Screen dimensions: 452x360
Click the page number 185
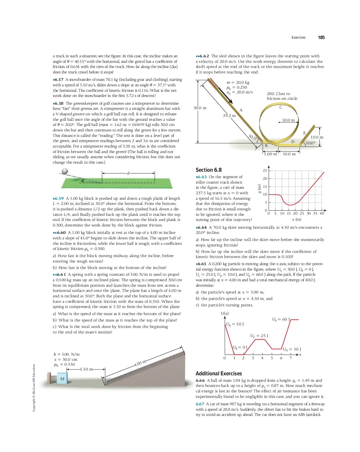321,37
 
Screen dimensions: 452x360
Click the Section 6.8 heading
209,170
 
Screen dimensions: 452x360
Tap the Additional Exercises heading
219,373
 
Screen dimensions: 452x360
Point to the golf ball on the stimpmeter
65,171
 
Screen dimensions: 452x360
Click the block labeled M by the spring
62,379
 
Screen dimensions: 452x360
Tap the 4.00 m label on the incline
140,363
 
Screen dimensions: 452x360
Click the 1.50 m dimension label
86,369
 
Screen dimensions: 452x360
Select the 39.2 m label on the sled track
229,116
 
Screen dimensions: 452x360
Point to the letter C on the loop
281,107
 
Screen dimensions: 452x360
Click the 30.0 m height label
200,108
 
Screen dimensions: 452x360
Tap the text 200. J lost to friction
282,96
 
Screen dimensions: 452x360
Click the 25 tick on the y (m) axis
265,170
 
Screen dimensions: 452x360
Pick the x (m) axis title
296,219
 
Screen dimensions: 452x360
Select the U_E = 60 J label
281,319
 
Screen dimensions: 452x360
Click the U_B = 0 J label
240,347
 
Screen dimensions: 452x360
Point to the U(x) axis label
225,313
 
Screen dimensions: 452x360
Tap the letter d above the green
128,173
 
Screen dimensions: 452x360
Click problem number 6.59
59,198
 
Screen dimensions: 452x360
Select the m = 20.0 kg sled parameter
238,82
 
